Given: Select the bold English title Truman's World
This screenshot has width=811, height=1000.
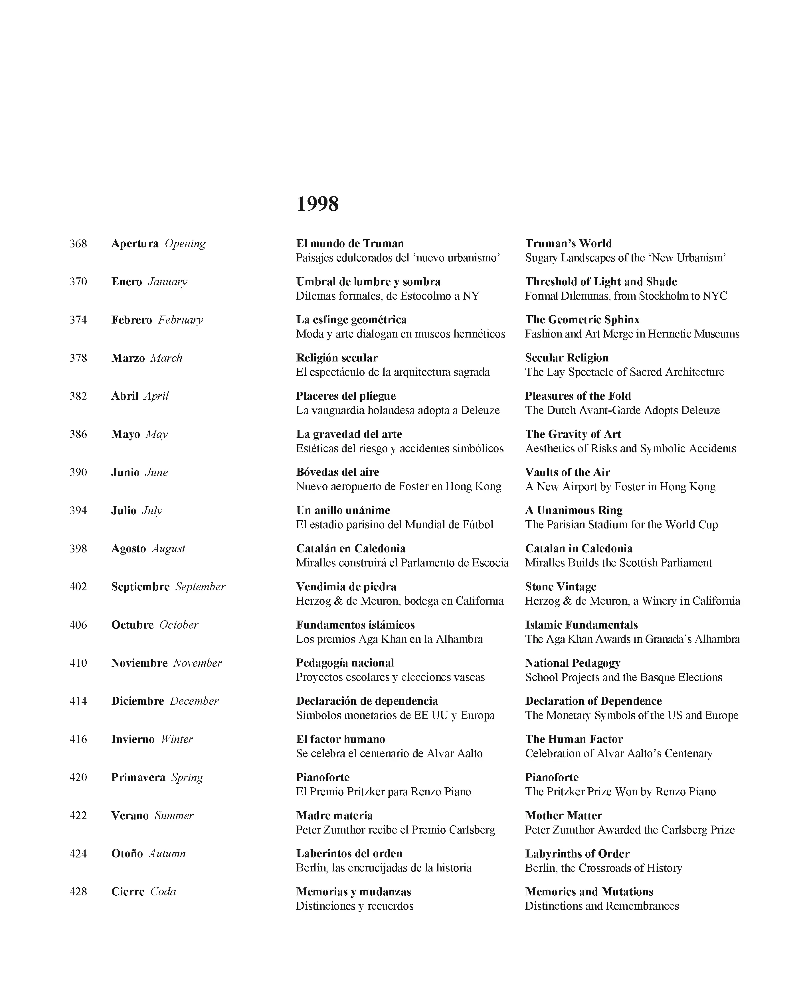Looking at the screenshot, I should click(x=568, y=244).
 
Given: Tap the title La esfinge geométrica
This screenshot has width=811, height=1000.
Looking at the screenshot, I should click(x=351, y=320).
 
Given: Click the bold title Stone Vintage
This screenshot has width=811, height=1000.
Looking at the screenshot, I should click(x=561, y=587).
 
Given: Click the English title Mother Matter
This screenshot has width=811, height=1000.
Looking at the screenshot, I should click(x=563, y=816).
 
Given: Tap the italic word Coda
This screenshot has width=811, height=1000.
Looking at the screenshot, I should click(x=163, y=892).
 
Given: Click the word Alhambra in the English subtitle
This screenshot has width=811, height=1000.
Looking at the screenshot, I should click(x=717, y=639).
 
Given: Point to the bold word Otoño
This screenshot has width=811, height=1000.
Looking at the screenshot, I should click(x=127, y=853).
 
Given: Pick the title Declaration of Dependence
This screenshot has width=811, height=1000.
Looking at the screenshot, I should click(x=593, y=701).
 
